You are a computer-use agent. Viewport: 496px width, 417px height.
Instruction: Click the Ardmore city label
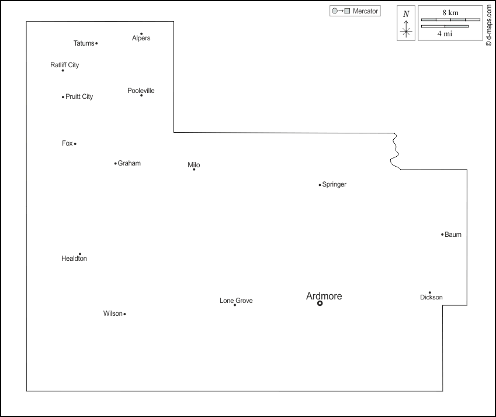[x=324, y=296]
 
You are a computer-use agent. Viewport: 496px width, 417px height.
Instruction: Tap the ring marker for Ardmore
[x=320, y=303]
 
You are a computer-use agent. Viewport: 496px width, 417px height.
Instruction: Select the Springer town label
[x=334, y=184]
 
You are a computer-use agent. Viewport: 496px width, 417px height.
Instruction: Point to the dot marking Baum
[x=442, y=235]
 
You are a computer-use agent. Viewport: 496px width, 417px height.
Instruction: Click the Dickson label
[x=431, y=298]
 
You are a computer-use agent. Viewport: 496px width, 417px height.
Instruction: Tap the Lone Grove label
[x=236, y=301]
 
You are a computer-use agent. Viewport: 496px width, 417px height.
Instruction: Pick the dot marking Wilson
[x=124, y=314]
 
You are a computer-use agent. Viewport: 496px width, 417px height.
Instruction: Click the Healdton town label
[x=74, y=259]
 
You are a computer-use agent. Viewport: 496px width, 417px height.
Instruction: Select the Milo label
[x=194, y=165]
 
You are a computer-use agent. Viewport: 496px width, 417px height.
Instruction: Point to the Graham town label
[x=129, y=163]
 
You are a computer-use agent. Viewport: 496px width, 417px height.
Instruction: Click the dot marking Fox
[x=75, y=144]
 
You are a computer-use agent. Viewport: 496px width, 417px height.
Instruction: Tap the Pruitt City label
[x=79, y=97]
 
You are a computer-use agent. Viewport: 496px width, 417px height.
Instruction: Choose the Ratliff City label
[x=65, y=65]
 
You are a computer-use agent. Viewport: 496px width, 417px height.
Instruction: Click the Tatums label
[x=84, y=43]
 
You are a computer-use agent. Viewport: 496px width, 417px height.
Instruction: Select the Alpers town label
[x=141, y=39]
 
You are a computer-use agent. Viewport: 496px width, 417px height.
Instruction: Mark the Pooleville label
[x=141, y=91]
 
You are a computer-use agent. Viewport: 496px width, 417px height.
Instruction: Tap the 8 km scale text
[x=450, y=12]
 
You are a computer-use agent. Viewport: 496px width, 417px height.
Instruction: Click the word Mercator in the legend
[x=366, y=11]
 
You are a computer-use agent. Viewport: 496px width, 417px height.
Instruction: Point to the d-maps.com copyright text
[x=488, y=26]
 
